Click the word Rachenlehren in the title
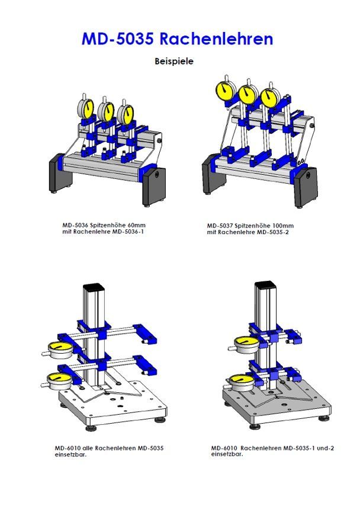[216, 39]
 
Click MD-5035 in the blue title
[117, 39]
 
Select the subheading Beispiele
[174, 61]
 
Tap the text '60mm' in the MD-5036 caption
[136, 225]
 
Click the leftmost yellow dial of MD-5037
[226, 90]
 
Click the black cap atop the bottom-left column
[94, 288]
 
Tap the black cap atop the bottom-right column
[265, 286]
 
